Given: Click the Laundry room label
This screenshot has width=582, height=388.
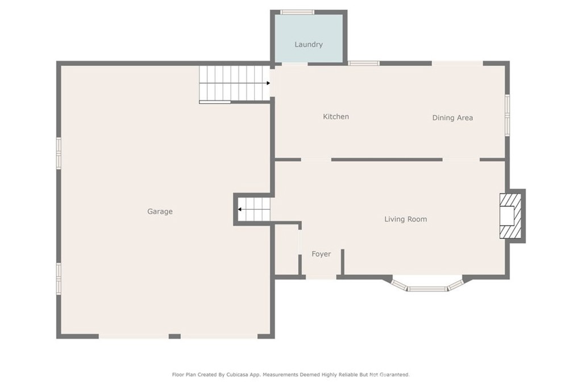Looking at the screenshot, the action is [309, 44].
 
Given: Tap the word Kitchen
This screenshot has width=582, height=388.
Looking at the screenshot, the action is [336, 116].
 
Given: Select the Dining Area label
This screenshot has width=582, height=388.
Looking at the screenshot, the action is [452, 118].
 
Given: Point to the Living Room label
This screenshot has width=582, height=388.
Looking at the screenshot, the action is [405, 219].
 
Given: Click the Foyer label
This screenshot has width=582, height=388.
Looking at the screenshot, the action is [321, 254].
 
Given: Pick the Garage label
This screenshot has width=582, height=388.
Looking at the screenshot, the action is [160, 211].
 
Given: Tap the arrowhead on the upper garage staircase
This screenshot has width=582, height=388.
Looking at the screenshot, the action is [268, 83].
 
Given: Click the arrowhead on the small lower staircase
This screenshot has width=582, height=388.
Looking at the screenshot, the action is [240, 210].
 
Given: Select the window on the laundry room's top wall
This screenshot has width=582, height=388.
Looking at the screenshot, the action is [297, 12].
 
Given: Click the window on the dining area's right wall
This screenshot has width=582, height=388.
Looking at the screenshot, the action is [507, 115].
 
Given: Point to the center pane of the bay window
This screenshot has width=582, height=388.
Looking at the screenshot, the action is [427, 288].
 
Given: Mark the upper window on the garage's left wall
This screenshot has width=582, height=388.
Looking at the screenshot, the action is [59, 153].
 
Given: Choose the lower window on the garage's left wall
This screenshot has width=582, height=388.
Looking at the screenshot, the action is [59, 278].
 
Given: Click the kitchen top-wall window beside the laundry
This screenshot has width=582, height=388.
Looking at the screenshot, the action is [364, 64].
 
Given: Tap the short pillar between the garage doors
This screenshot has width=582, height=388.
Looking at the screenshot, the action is [174, 336].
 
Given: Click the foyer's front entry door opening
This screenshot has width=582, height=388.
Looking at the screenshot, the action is [321, 277].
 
